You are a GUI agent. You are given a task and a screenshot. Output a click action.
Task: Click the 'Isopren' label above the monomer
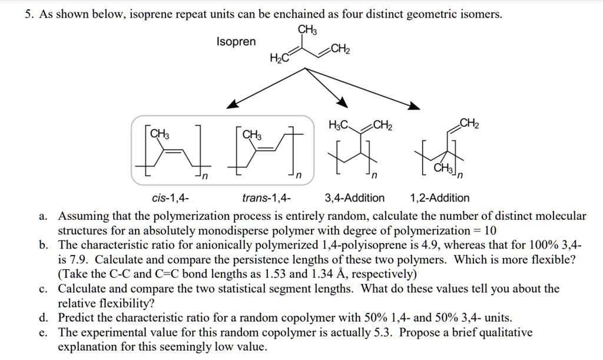[x=236, y=41]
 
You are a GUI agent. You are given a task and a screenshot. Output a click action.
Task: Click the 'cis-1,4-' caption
[x=171, y=198]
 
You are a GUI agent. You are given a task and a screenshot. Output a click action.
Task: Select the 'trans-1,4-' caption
[x=266, y=198]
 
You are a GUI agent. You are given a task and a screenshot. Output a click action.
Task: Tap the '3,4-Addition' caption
[x=354, y=198]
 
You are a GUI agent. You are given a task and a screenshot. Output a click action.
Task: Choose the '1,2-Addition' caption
[x=439, y=198]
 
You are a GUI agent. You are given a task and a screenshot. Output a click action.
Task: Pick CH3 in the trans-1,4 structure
[x=252, y=134]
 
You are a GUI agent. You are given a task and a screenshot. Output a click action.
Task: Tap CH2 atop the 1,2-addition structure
[x=469, y=123]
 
